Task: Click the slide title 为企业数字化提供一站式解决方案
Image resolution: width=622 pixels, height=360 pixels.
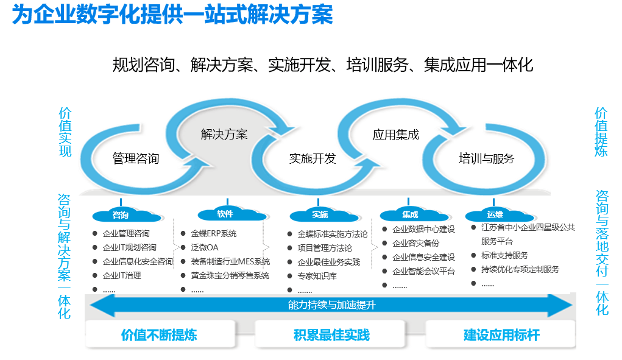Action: coord(172,15)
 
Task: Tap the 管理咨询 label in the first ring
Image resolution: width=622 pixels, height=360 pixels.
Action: coord(136,159)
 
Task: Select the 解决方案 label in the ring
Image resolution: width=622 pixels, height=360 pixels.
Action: coord(224,134)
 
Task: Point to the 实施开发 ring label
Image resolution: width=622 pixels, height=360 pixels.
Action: coord(313,159)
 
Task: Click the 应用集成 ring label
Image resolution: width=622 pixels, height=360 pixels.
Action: coord(396,135)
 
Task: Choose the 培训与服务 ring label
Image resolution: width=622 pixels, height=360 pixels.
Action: coord(486,159)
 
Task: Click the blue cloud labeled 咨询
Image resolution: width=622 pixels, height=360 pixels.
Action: coord(122,215)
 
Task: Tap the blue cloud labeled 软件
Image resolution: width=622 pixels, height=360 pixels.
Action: coord(225,214)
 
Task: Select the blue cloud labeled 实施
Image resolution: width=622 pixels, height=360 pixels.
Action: coord(320,215)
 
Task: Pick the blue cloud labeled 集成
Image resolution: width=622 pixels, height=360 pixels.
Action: coord(410,215)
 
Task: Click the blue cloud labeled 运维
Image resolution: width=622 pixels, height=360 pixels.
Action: coord(495,214)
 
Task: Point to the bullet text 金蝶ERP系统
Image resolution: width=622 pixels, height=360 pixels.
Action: coord(214,233)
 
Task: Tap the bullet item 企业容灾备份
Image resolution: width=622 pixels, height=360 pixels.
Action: coord(416,243)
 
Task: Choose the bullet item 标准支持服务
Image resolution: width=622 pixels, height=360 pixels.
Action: coord(504,255)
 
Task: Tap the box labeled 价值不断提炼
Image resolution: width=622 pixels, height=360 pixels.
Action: coord(160,335)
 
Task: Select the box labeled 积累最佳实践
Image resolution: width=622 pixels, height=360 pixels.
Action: coord(331,335)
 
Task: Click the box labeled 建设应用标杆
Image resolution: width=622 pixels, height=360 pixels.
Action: coord(501,335)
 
